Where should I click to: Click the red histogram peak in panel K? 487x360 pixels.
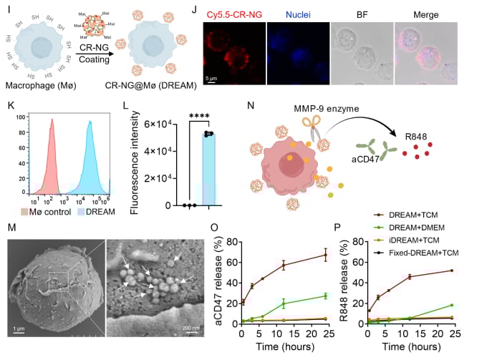click(52, 122)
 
